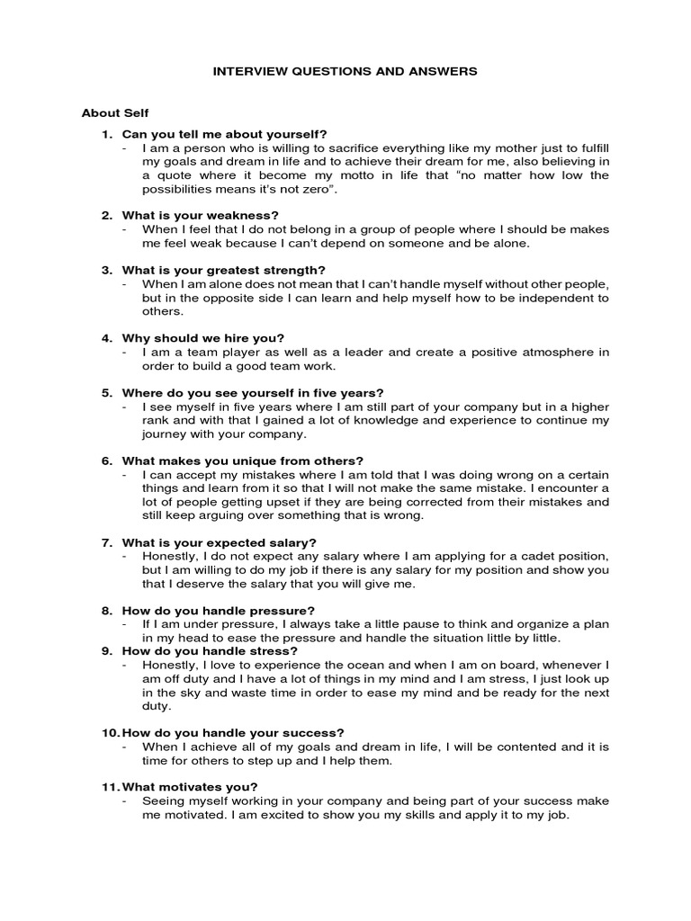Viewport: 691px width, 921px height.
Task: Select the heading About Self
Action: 115,113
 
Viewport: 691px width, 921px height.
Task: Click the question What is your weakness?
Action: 200,215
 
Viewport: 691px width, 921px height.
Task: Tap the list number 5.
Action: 106,393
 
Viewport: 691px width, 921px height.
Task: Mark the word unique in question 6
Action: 231,460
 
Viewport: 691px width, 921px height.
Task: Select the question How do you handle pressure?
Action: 219,610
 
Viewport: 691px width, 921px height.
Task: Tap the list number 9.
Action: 106,651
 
